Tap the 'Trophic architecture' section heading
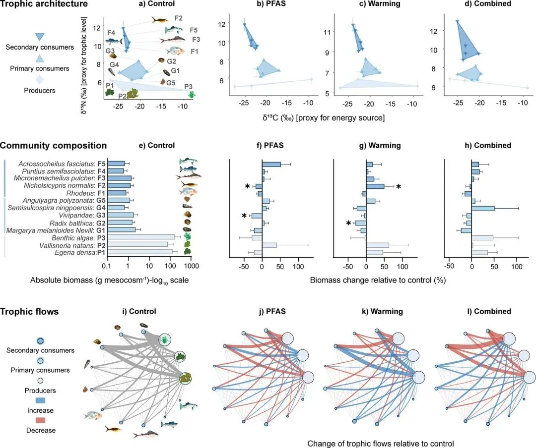pos(44,4)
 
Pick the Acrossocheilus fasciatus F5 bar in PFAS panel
pos(271,164)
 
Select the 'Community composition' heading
pos(53,146)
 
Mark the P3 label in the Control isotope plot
pos(188,86)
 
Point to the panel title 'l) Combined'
pos(485,312)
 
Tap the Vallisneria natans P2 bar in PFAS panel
pos(269,245)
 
